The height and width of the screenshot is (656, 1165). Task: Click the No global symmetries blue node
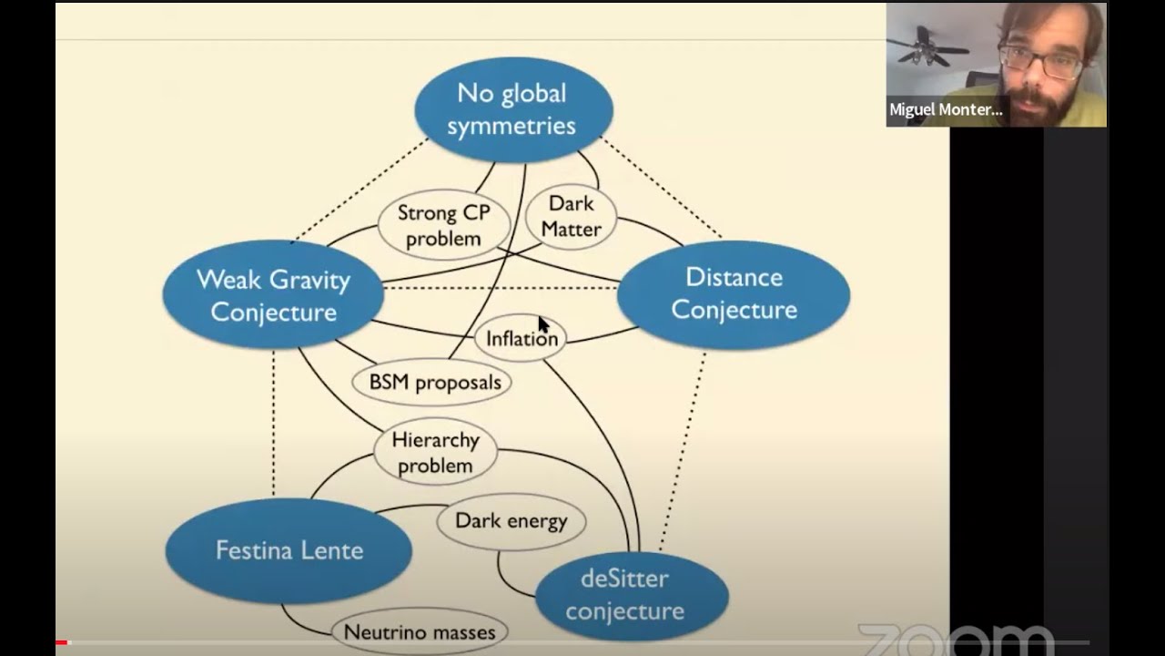pos(514,110)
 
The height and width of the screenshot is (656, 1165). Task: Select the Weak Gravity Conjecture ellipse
pos(274,294)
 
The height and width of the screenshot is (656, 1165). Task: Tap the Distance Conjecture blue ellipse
pos(734,294)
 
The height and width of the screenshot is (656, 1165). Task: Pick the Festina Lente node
pos(289,550)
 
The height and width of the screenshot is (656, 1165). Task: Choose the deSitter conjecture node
pos(632,596)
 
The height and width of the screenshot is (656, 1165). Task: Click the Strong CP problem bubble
pos(444,225)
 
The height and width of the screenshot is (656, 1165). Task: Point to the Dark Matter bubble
pos(571,217)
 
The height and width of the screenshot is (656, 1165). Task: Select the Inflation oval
pos(520,338)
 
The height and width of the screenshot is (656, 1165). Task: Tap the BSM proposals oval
pos(431,382)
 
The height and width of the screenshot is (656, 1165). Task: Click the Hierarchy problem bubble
pos(436,452)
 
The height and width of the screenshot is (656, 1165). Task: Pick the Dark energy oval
pos(512,522)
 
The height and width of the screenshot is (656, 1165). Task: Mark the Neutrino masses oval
pos(420,632)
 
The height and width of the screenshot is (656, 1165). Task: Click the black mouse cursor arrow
pos(543,324)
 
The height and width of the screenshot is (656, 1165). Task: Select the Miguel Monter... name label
pos(946,109)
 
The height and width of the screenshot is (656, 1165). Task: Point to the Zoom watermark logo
pos(956,641)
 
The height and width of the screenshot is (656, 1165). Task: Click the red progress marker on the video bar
pos(61,643)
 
